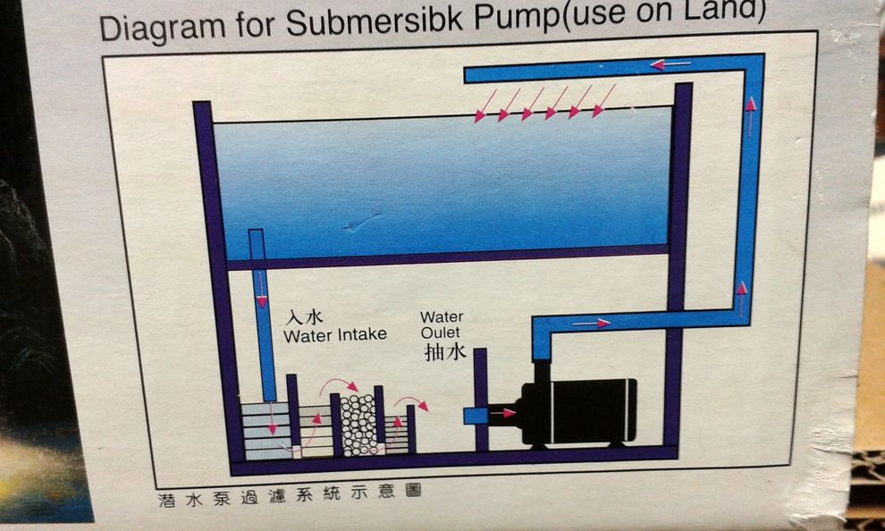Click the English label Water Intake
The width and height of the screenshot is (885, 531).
335,335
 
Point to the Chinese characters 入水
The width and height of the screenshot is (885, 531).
304,317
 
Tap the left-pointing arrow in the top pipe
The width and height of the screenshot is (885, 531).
670,63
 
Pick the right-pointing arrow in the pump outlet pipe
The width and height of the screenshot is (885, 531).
592,323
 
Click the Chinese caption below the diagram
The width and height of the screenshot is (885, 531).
284,495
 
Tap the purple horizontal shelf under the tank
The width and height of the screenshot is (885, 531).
447,258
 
